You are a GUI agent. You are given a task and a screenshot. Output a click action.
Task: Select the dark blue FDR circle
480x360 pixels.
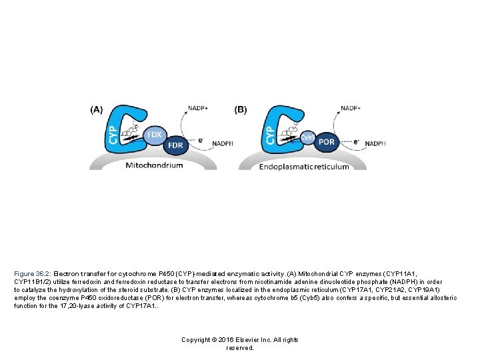pos(176,145)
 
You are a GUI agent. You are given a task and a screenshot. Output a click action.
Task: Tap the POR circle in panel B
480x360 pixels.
pos(327,141)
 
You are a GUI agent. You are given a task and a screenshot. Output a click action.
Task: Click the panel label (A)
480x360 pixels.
pos(97,109)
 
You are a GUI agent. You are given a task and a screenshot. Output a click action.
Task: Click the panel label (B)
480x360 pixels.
pos(241,109)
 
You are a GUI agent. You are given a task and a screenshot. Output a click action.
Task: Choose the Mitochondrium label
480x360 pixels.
pos(154,165)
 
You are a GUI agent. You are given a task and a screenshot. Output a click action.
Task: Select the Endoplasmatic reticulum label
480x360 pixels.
pos(304,166)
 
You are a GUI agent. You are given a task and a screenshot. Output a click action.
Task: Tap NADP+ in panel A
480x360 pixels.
pos(198,107)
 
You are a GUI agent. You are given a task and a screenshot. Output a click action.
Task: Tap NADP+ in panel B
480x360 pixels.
pos(351,107)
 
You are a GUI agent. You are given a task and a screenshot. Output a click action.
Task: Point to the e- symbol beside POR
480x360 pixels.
pos(356,141)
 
